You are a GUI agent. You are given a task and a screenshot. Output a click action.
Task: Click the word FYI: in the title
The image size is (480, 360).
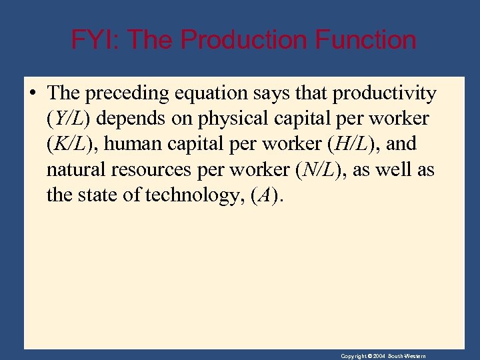(95, 40)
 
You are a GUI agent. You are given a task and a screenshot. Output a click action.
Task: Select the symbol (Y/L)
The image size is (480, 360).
(69, 119)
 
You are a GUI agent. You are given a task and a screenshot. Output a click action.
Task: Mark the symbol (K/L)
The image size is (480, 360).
(70, 145)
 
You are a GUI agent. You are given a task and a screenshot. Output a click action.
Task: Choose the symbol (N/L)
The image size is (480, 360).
(322, 170)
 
